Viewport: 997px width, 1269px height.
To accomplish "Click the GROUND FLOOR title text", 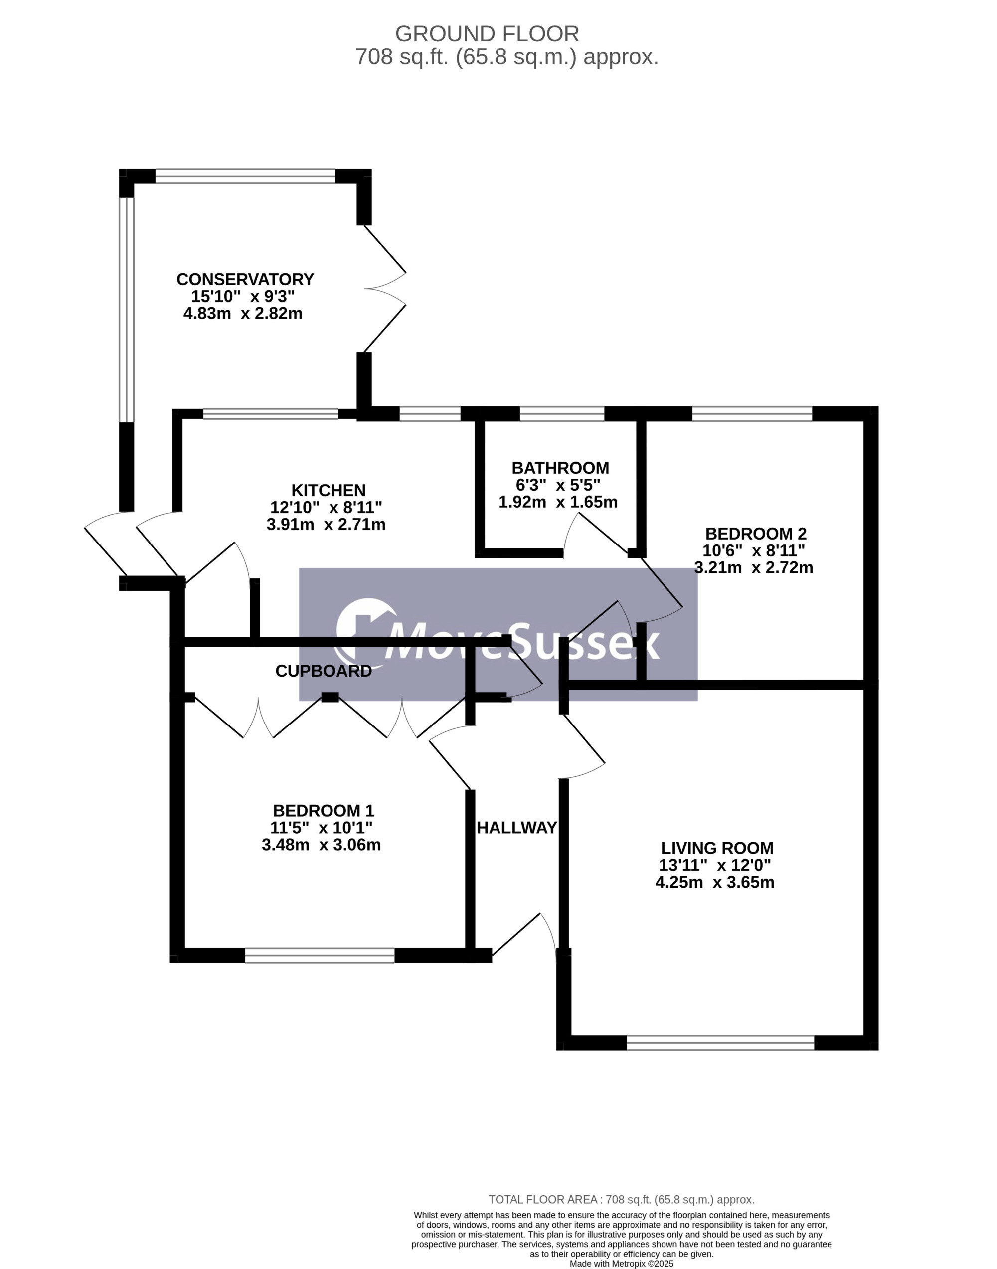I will [x=487, y=34].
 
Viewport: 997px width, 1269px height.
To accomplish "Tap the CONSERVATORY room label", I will [x=245, y=279].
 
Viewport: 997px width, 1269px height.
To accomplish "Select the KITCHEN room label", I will [x=328, y=490].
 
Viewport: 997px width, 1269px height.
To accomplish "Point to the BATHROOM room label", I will [x=560, y=468].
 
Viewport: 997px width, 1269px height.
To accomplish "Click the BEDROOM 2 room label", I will [x=755, y=533].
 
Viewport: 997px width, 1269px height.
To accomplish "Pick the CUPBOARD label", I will [x=324, y=671].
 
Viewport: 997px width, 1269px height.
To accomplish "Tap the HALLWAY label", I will [x=516, y=827].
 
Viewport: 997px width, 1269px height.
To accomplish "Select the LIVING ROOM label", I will [x=717, y=848].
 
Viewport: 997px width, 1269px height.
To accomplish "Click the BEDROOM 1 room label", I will [x=324, y=810].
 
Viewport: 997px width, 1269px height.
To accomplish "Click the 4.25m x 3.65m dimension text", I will [x=714, y=882].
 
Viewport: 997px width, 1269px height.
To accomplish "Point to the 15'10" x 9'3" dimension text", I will [x=243, y=296].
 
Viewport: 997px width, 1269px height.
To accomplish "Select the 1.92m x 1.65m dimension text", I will [x=557, y=502].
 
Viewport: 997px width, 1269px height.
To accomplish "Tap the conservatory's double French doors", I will [x=385, y=288].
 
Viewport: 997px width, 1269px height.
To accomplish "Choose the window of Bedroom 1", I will [x=320, y=955].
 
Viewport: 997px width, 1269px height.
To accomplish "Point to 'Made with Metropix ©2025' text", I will [x=621, y=1264].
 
